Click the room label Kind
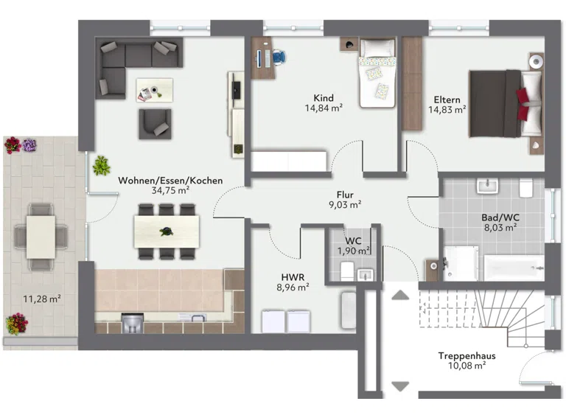click(x=324, y=98)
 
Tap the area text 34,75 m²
click(x=170, y=190)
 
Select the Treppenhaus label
click(x=467, y=355)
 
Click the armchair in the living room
click(x=156, y=124)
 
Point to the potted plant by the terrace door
click(x=101, y=166)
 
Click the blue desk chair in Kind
click(x=279, y=57)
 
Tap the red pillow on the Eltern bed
click(x=523, y=105)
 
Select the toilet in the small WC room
click(x=347, y=271)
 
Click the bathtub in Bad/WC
click(x=513, y=268)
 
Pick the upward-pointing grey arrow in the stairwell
click(x=400, y=296)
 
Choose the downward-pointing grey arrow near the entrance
click(x=400, y=386)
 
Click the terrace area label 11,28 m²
click(x=42, y=299)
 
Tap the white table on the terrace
click(x=41, y=237)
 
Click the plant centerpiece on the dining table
click(x=167, y=231)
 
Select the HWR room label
click(x=293, y=277)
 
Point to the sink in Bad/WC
click(x=487, y=186)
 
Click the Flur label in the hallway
click(x=345, y=195)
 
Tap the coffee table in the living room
click(x=155, y=90)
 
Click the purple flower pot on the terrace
click(x=29, y=145)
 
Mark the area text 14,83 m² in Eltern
click(x=447, y=110)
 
